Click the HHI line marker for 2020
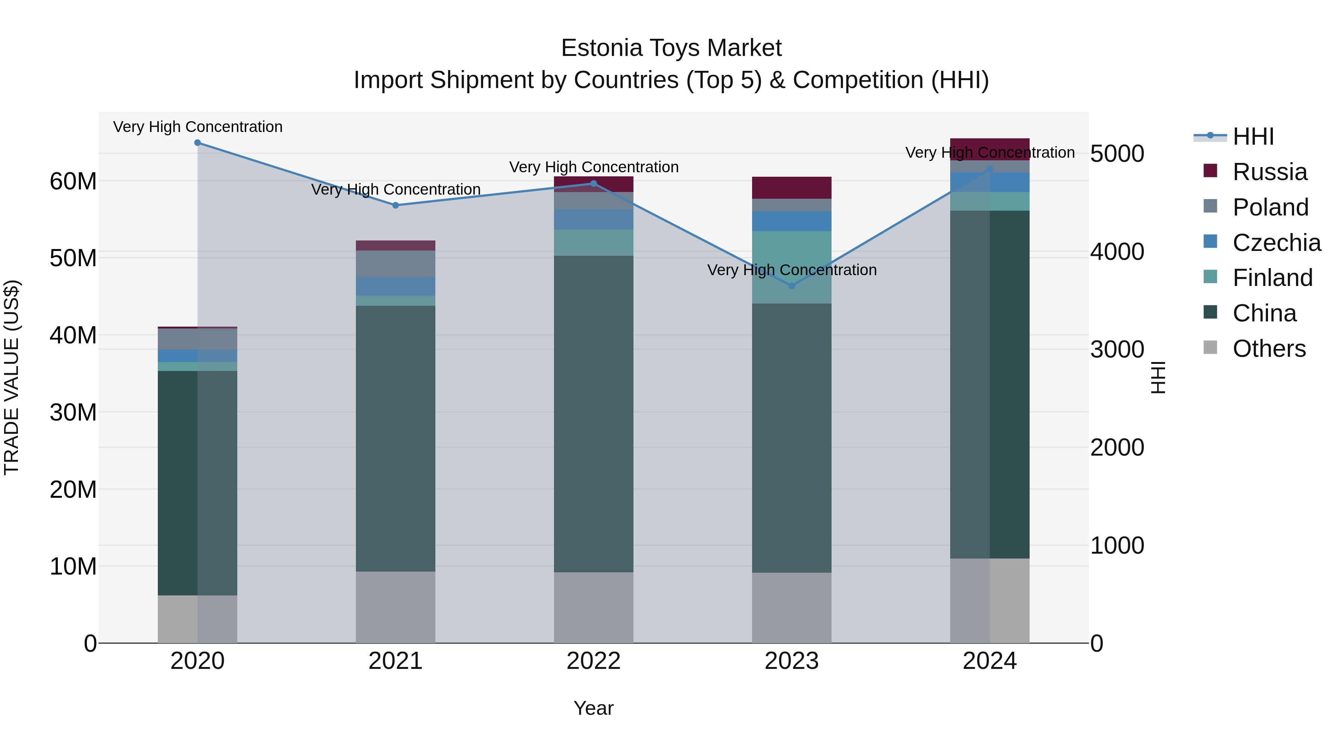[198, 143]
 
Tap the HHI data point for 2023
[791, 286]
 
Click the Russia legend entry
[1270, 172]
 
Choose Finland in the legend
[1272, 278]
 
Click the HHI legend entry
[1253, 136]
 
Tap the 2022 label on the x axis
[593, 661]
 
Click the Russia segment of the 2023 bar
[791, 188]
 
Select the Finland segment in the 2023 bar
[791, 267]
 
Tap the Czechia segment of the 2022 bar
[593, 219]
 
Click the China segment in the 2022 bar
[593, 414]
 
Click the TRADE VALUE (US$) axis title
[12, 377]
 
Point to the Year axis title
[593, 708]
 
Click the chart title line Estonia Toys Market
[671, 48]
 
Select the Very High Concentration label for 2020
[198, 127]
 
